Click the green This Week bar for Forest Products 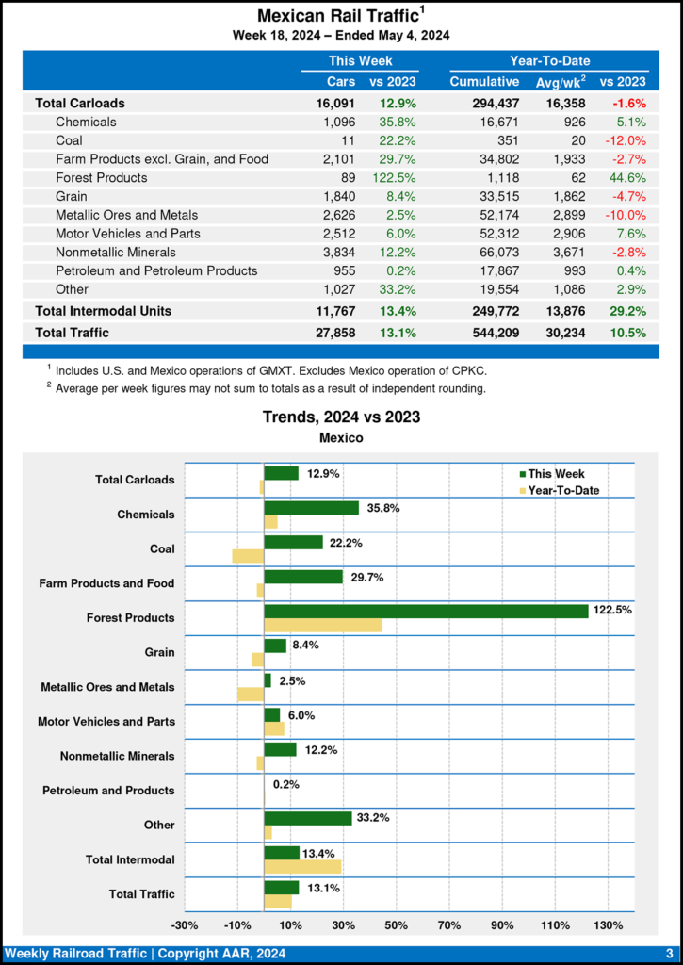(x=426, y=611)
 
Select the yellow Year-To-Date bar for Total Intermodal (x=302, y=866)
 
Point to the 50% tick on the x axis (x=397, y=924)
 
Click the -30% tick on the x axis (x=185, y=924)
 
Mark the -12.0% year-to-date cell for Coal (x=625, y=140)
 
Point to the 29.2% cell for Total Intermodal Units (x=625, y=310)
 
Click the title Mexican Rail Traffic (x=337, y=16)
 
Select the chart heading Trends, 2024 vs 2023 (x=341, y=417)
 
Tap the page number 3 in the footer (x=669, y=953)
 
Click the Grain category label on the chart (x=159, y=652)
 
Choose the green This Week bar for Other (x=308, y=818)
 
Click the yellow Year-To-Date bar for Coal (x=249, y=556)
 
